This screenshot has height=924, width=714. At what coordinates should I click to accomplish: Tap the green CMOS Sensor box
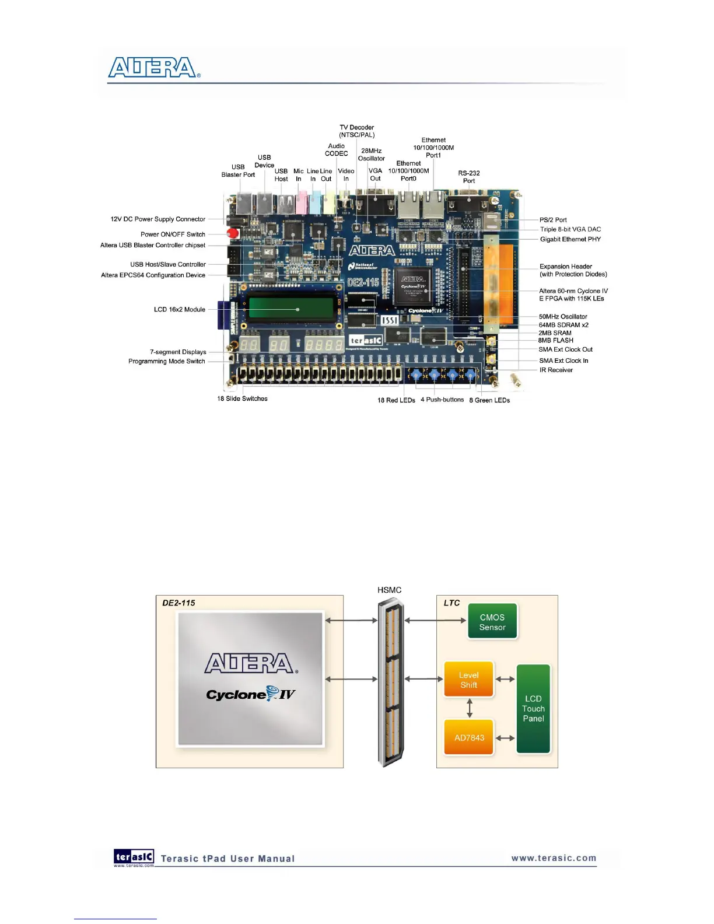[492, 622]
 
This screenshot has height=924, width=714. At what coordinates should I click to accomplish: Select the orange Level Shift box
[468, 680]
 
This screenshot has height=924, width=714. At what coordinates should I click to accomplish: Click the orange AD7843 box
[469, 737]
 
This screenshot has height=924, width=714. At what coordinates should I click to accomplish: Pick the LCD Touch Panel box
[533, 708]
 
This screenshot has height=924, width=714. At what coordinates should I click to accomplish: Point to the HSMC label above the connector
[389, 590]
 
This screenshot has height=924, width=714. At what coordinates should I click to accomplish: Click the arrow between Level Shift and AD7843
[470, 708]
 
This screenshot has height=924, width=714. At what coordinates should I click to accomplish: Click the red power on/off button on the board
[233, 233]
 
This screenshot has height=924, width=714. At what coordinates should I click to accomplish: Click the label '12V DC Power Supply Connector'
[157, 219]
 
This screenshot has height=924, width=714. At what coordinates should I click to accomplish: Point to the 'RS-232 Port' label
[468, 177]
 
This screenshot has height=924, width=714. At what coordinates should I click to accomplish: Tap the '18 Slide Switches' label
[242, 399]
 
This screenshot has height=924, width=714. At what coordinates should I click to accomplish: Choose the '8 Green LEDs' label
[489, 400]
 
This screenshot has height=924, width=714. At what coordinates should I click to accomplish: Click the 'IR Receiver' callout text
[556, 370]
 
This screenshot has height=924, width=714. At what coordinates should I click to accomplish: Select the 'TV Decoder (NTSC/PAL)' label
[357, 131]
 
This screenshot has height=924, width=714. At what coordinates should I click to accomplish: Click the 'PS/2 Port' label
[553, 220]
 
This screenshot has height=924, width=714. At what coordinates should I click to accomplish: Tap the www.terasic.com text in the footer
[554, 858]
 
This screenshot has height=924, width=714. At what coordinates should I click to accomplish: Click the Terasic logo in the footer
[134, 857]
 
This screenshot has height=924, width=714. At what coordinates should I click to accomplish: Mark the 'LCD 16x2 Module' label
[179, 309]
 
